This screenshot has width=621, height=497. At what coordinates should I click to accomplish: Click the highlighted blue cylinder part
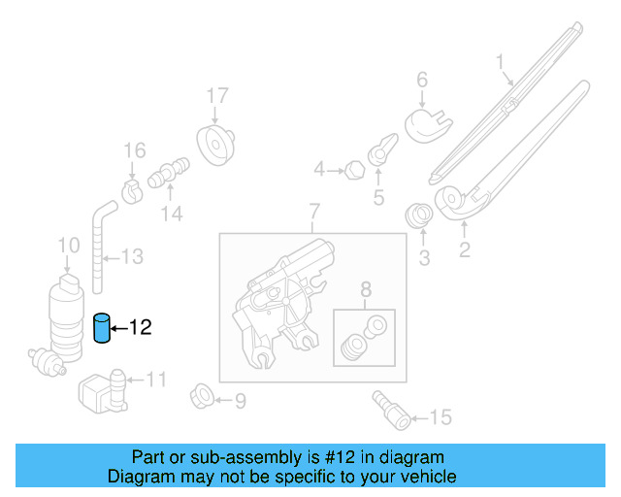pos(103,329)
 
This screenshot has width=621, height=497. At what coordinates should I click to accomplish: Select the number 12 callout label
pos(141,329)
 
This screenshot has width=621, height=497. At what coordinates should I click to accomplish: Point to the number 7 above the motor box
pos(313,212)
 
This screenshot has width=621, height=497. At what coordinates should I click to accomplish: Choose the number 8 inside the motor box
pos(366,288)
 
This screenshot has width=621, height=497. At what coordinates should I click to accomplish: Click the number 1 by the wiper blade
pos(501,65)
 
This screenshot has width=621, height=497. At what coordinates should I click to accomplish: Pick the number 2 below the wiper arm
pos(464,251)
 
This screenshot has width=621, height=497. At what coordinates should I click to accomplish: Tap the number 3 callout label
pos(423,258)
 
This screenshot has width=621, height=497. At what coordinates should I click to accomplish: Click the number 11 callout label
pos(156,380)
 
